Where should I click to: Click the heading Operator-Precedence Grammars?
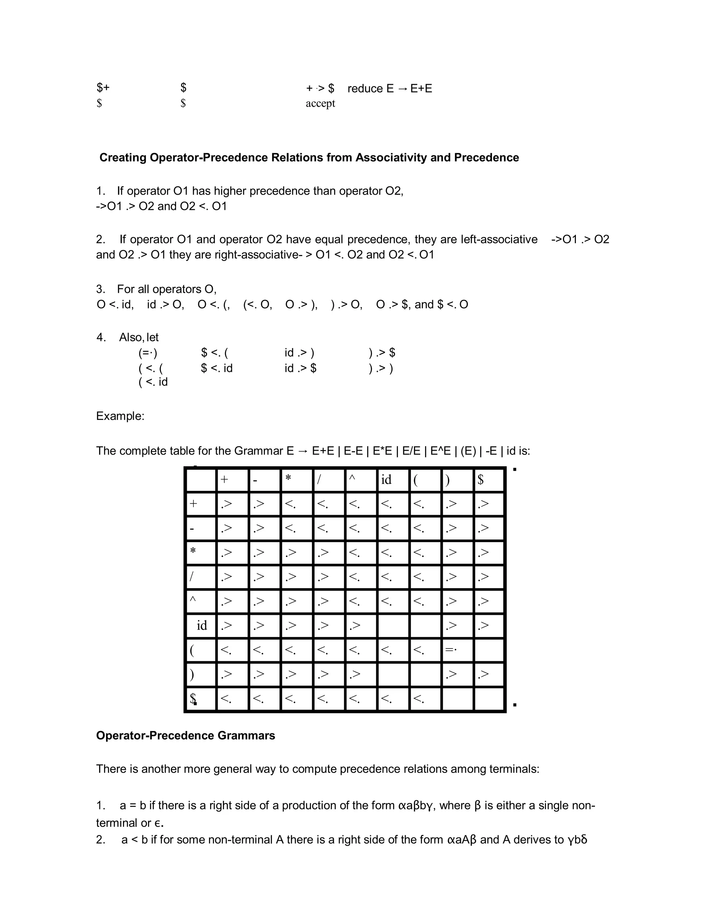pyautogui.click(x=185, y=735)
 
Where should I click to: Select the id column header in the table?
pyautogui.click(x=393, y=479)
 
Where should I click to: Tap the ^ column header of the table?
pyautogui.click(x=361, y=479)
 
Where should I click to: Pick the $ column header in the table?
pyautogui.click(x=489, y=479)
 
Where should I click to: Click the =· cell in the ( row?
pyautogui.click(x=457, y=650)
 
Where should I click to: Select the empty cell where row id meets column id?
pyautogui.click(x=393, y=625)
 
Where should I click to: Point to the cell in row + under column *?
pyautogui.click(x=296, y=504)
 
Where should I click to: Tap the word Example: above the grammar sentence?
pyautogui.click(x=120, y=416)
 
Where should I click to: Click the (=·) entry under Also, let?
pyautogui.click(x=148, y=353)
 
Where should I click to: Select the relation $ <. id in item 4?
pyautogui.click(x=217, y=368)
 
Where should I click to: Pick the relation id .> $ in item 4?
pyautogui.click(x=300, y=368)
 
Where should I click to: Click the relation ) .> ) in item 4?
pyautogui.click(x=381, y=368)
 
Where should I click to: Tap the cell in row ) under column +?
pyautogui.click(x=232, y=674)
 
